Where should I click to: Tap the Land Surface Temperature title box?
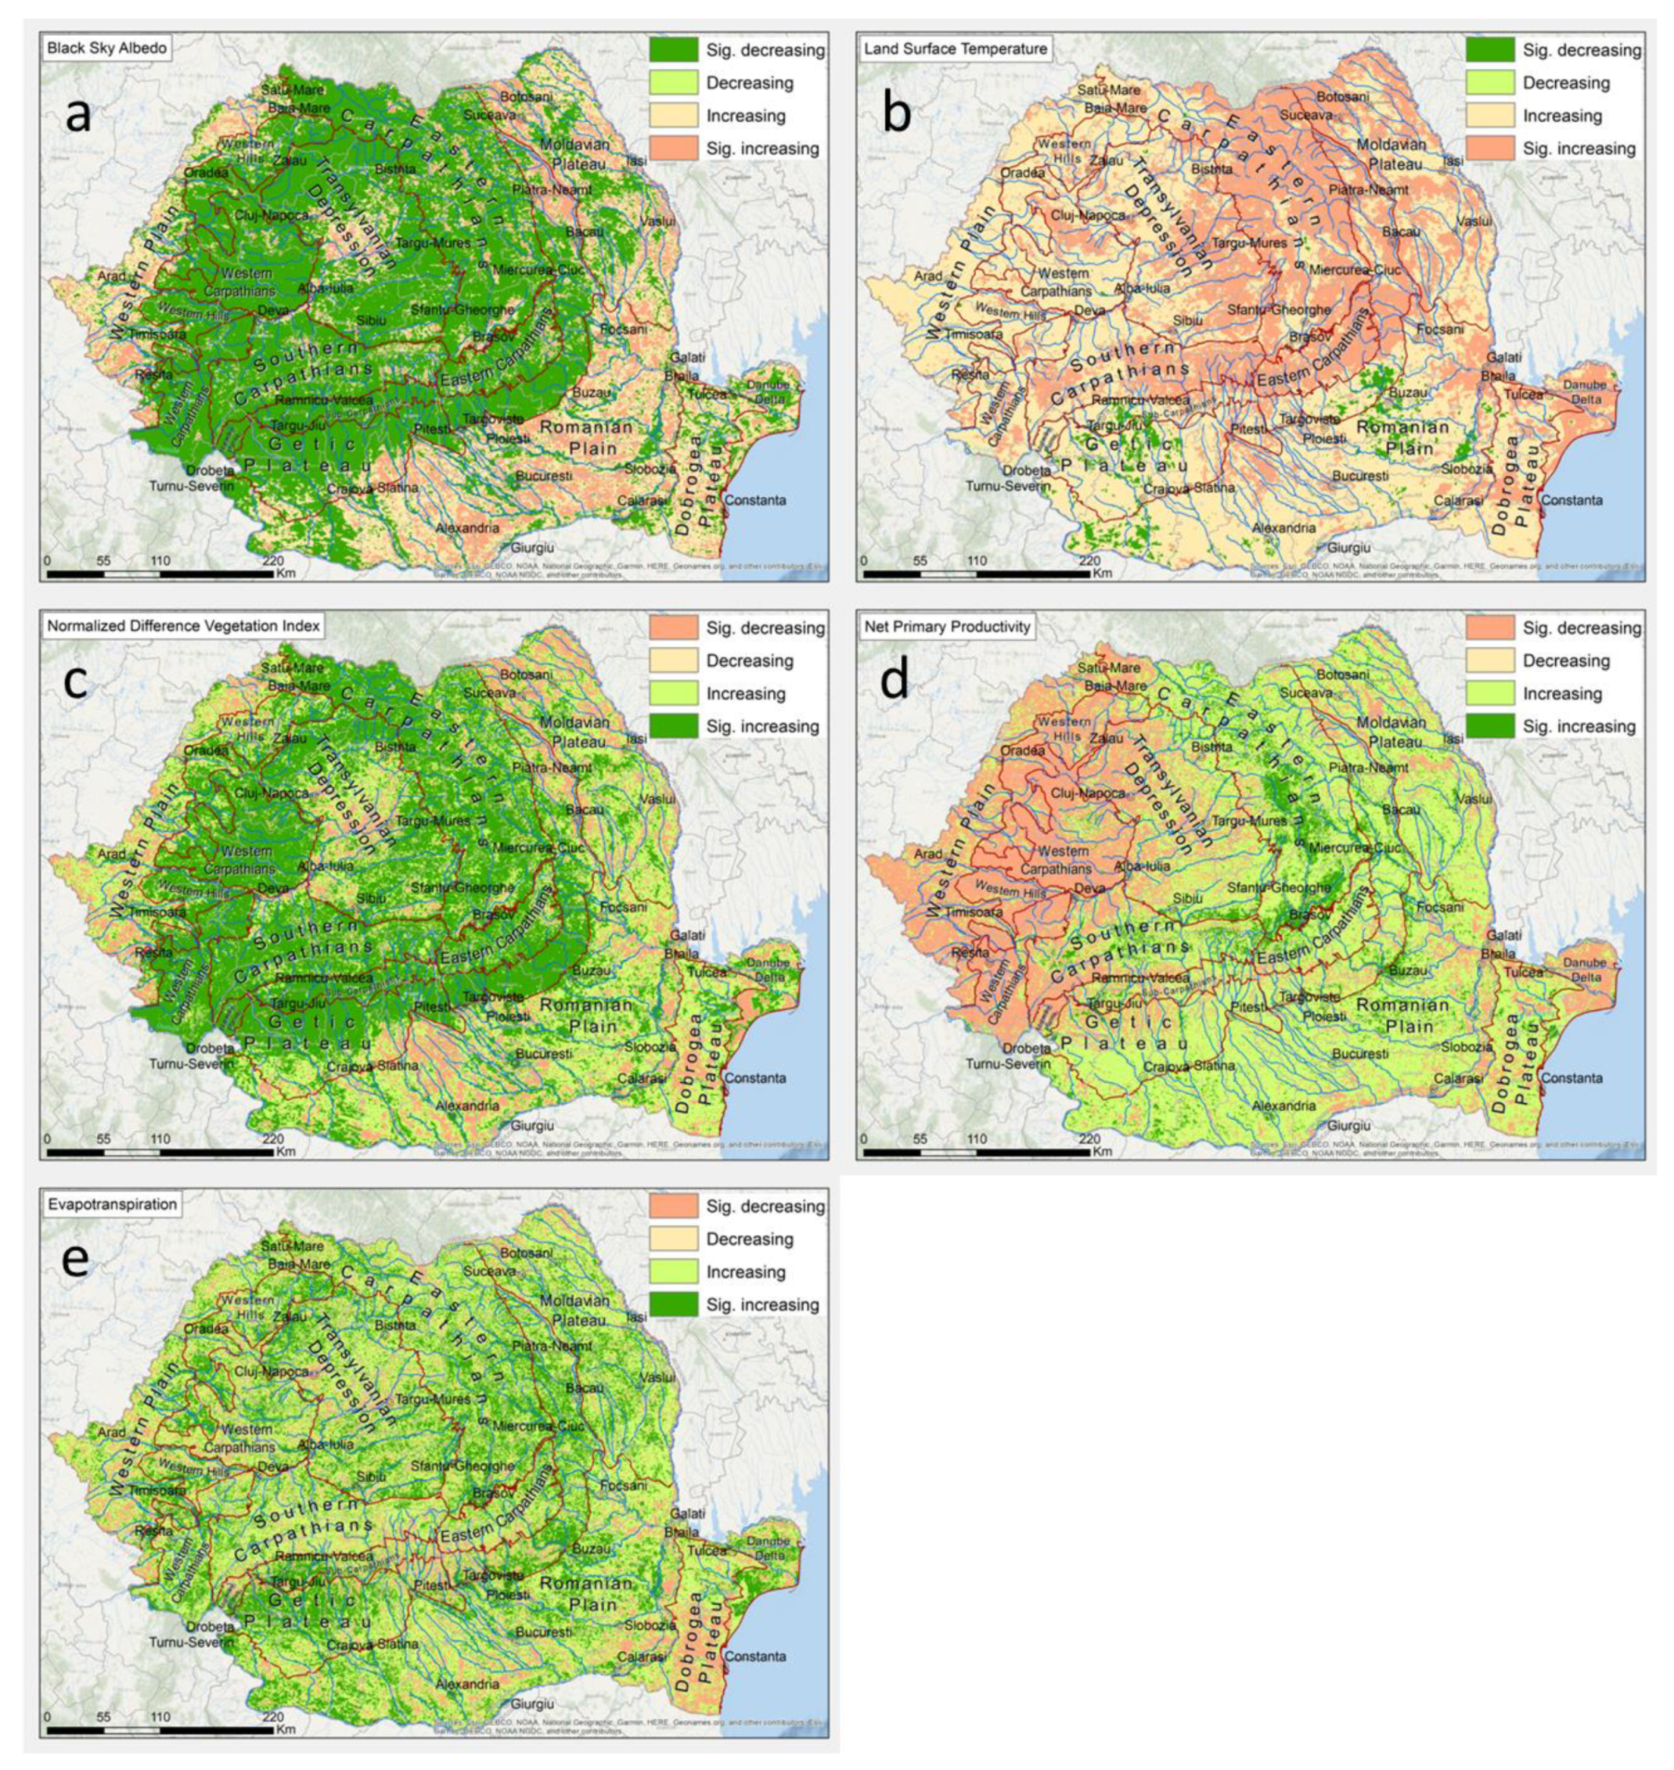click(x=955, y=49)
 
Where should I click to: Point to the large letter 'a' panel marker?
click(x=77, y=114)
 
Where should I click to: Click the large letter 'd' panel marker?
click(x=895, y=681)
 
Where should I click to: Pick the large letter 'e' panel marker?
click(x=76, y=1261)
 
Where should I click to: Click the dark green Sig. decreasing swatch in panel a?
click(x=674, y=50)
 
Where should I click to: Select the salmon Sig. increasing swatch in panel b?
click(x=1490, y=148)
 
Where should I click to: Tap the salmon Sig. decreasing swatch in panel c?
click(x=674, y=628)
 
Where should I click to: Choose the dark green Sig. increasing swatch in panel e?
click(x=674, y=1304)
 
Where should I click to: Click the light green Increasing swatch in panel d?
click(x=1490, y=693)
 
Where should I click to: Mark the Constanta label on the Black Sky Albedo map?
click(x=755, y=501)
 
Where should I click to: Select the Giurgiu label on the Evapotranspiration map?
click(x=533, y=1704)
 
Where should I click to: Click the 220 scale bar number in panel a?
click(x=273, y=561)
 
